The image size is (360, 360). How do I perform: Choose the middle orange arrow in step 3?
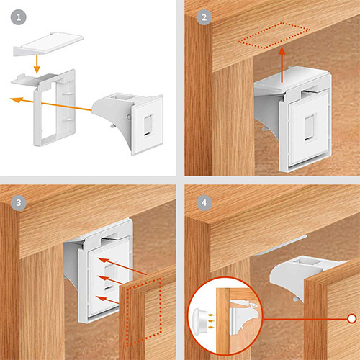pyautogui.click(x=125, y=282)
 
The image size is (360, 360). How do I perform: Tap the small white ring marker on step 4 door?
pyautogui.click(x=351, y=317)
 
